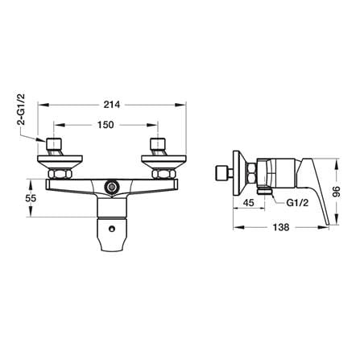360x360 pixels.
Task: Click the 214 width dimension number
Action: coord(112,105)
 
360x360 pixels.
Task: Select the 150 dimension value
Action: coord(106,125)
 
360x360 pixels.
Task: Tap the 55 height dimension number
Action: coord(31,198)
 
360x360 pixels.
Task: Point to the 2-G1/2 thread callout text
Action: coord(21,109)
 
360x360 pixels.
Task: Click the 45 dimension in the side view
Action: coord(248,202)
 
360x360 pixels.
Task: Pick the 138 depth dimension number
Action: coord(281,227)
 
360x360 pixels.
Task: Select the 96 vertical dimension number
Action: coord(337,192)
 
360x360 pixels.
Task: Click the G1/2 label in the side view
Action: coord(297,203)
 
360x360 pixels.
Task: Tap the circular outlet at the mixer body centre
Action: coord(111,186)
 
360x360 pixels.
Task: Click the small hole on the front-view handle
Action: coord(111,229)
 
